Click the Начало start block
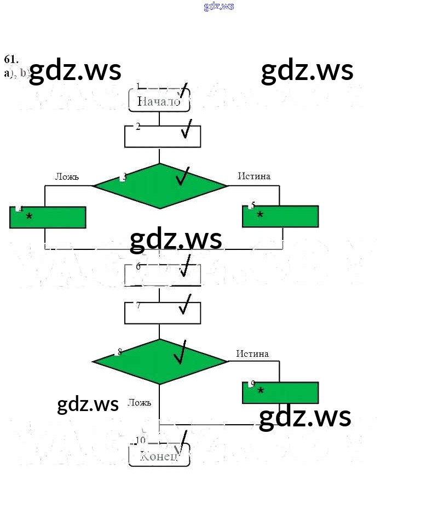[159, 101]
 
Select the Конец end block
[159, 456]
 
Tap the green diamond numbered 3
[159, 186]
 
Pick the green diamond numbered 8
[159, 361]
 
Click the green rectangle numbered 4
[48, 217]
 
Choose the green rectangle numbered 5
[280, 216]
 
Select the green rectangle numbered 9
[280, 392]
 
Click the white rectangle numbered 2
[162, 136]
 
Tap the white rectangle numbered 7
[162, 313]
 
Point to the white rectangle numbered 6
[162, 275]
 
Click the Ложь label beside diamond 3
[67, 176]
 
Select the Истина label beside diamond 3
[254, 176]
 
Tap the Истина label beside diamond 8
[252, 353]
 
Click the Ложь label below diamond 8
[139, 402]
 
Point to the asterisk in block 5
[260, 215]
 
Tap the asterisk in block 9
[261, 391]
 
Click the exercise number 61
[11, 60]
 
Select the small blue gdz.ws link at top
[219, 6]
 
